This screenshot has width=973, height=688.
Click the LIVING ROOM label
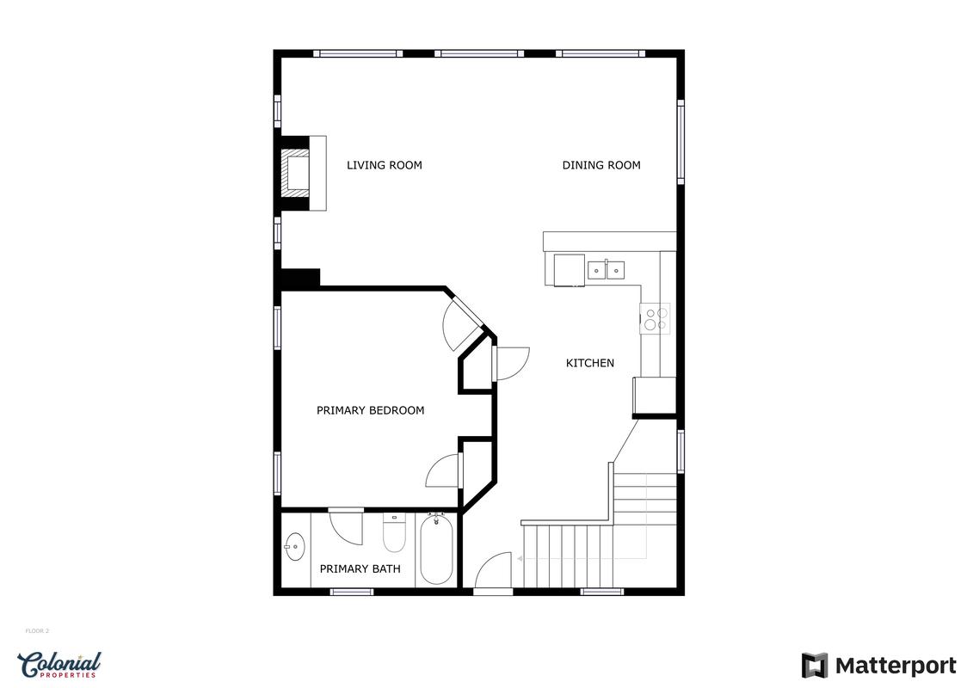(x=384, y=165)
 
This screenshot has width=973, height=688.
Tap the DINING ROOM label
(x=601, y=165)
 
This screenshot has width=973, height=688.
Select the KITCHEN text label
(x=590, y=363)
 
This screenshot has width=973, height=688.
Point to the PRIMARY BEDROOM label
(x=371, y=410)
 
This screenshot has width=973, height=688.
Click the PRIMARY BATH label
(x=360, y=568)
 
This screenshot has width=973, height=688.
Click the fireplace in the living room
(x=303, y=173)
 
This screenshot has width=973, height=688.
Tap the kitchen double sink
(x=607, y=271)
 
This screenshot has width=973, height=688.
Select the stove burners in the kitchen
(x=656, y=319)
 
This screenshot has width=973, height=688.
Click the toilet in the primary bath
(x=394, y=533)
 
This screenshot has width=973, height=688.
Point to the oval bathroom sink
(x=295, y=547)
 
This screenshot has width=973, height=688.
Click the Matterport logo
(x=878, y=666)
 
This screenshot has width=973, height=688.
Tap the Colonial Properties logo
(x=59, y=665)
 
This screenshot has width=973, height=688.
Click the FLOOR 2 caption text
(x=37, y=631)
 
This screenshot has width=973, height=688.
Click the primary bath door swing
(x=346, y=527)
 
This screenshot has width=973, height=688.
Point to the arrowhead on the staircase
(x=520, y=559)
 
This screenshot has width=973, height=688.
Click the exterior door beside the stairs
(x=493, y=571)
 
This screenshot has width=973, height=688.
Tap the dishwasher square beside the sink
(x=570, y=271)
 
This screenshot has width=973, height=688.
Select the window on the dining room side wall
(x=680, y=142)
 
